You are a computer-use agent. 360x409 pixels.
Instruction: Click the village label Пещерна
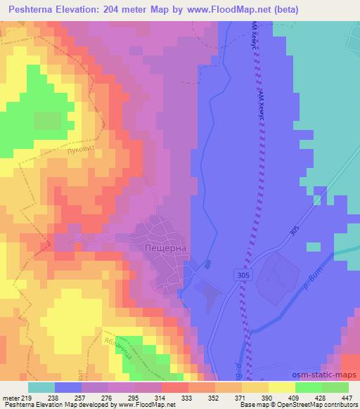(165, 247)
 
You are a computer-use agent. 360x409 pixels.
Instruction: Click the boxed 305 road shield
(243, 277)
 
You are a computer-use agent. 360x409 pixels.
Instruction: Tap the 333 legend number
(186, 398)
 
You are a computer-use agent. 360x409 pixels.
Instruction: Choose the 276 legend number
(106, 398)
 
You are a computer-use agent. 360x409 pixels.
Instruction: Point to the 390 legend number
(267, 398)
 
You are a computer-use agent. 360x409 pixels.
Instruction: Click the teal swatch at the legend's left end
(41, 387)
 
